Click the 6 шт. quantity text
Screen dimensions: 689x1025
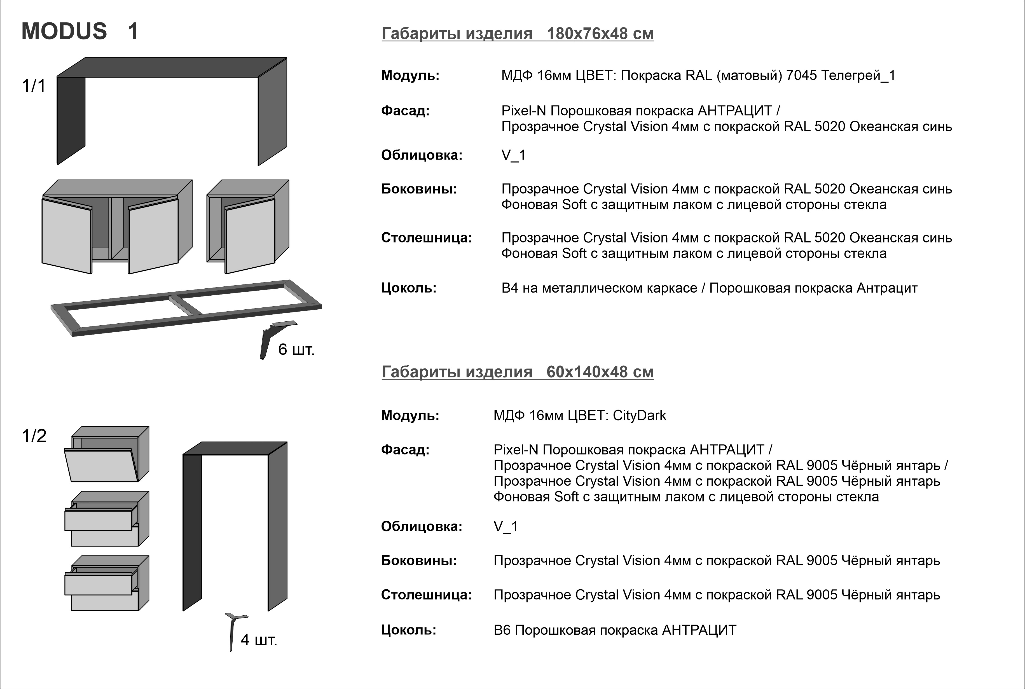(x=296, y=350)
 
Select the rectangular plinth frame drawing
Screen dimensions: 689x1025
(x=186, y=308)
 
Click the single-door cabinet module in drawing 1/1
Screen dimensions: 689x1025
(x=248, y=226)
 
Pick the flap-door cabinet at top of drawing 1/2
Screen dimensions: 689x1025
(x=106, y=454)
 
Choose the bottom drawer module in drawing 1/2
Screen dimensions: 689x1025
(x=106, y=583)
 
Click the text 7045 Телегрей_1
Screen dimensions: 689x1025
(x=840, y=76)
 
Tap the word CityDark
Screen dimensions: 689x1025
(x=639, y=416)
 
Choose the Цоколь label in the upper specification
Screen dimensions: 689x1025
(x=409, y=288)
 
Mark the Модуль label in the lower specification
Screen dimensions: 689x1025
(x=410, y=416)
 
